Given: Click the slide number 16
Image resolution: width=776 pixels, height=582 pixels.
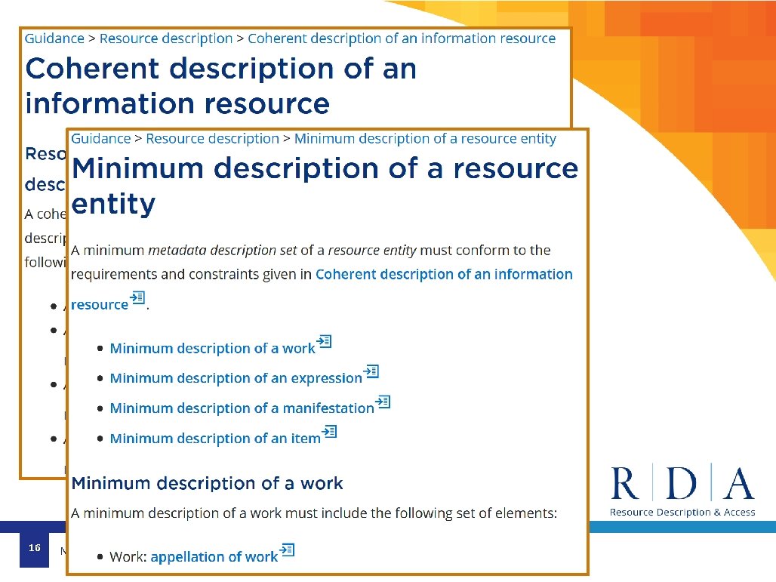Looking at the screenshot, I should click(x=34, y=547).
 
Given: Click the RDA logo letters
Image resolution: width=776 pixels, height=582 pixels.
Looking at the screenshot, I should click(x=682, y=485).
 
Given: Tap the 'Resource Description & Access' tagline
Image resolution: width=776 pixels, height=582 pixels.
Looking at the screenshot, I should click(x=682, y=513).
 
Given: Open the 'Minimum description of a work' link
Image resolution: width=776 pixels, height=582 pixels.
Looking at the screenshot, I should click(x=212, y=349).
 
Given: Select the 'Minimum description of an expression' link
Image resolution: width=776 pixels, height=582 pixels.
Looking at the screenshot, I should click(x=236, y=378).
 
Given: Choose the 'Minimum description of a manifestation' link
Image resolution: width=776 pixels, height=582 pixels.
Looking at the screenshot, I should click(x=242, y=408).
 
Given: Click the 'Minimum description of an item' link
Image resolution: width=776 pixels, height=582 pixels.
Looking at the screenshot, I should click(x=215, y=439).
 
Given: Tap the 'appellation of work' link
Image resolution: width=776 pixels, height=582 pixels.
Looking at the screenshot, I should click(x=214, y=557).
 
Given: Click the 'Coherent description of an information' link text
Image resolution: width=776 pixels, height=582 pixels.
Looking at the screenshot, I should click(x=444, y=275).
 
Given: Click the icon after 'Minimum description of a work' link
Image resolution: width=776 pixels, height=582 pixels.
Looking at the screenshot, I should click(x=325, y=342).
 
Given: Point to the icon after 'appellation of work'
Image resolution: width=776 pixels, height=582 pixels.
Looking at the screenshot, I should click(x=287, y=550).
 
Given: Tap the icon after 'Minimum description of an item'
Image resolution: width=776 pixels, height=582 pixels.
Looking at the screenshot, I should click(x=330, y=433).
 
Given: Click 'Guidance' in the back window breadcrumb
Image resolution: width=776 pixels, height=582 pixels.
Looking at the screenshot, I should click(x=54, y=38).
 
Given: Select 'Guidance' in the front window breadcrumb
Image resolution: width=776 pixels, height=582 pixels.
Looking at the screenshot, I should click(x=100, y=139).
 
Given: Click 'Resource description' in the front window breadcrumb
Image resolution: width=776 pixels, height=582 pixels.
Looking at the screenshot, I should click(x=212, y=139).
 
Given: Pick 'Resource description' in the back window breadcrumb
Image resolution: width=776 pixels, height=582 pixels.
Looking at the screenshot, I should click(x=166, y=38).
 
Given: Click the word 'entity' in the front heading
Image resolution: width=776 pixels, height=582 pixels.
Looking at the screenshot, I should click(x=113, y=205).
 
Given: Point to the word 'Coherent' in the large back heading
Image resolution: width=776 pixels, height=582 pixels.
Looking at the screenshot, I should click(x=91, y=69).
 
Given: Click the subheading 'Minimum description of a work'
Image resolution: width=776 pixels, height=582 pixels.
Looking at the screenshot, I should click(x=207, y=483).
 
